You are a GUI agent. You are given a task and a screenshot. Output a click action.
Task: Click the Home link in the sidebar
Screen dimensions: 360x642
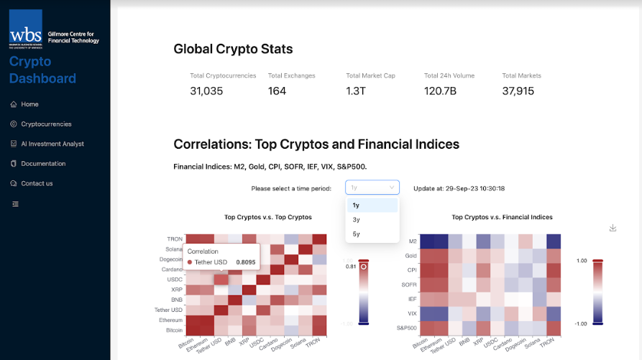(x=29, y=104)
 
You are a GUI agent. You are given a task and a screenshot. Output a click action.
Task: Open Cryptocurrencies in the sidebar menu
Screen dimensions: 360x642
(x=46, y=124)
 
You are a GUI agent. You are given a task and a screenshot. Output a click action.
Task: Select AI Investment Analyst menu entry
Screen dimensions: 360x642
(x=52, y=144)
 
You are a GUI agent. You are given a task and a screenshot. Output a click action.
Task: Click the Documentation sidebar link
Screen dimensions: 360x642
(x=43, y=164)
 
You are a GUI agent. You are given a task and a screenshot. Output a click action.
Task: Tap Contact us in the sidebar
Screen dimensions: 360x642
(x=37, y=183)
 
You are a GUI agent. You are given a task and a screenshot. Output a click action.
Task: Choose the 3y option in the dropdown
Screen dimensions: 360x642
(x=357, y=220)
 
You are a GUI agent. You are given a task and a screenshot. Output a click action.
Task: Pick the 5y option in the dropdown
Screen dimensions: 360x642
(x=357, y=234)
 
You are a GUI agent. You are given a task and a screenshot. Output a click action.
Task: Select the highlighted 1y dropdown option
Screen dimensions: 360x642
(x=357, y=206)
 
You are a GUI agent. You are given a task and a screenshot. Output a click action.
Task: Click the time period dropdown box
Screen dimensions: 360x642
(x=372, y=188)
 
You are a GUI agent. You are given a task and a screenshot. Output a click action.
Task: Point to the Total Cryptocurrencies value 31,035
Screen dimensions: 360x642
(x=206, y=91)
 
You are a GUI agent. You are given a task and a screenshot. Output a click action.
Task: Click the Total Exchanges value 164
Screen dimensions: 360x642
(x=277, y=91)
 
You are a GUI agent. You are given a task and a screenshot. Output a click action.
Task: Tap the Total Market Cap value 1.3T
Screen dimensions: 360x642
(x=356, y=91)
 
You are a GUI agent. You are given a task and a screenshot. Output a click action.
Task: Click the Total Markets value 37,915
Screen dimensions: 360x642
(x=518, y=91)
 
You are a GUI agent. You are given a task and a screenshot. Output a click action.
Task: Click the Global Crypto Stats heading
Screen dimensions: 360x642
(x=233, y=50)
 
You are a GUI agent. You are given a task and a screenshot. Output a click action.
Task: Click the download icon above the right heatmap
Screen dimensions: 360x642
(x=613, y=228)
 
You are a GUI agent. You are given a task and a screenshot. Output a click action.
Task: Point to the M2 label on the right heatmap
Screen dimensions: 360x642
(x=412, y=241)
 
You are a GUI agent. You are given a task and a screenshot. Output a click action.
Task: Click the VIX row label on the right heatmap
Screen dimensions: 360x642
(x=412, y=314)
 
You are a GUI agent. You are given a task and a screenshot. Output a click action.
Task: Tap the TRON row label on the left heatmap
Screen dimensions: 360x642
(x=175, y=239)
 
